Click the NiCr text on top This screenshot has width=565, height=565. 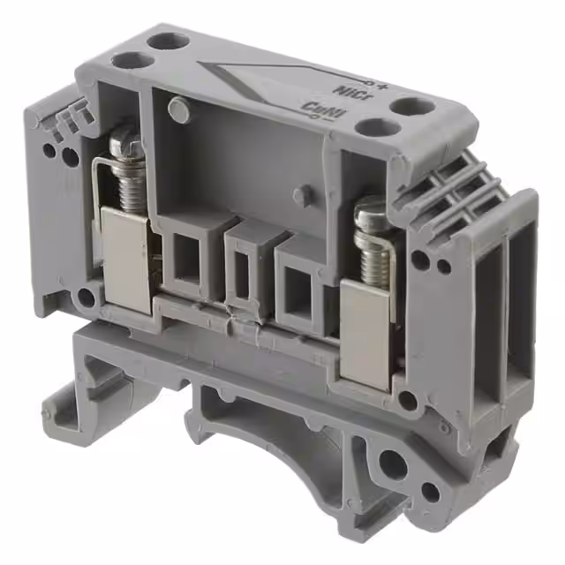coord(346,91)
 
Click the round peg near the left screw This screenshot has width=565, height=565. coord(178,109)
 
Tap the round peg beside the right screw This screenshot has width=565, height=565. coord(303,194)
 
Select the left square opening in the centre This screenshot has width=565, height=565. coord(188,257)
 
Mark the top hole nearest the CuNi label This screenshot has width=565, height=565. coord(370,126)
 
